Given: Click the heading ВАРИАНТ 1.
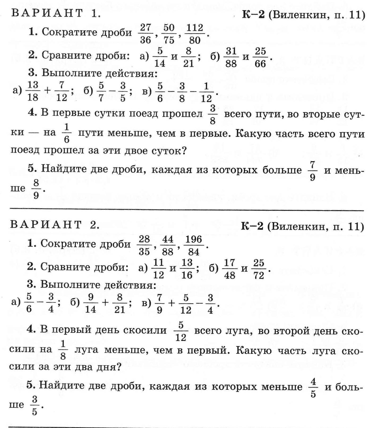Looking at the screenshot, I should pyautogui.click(x=56, y=13).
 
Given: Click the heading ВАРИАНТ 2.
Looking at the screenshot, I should pyautogui.click(x=55, y=225).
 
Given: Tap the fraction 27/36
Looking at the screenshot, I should pyautogui.click(x=145, y=33).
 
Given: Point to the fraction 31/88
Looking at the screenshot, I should pyautogui.click(x=231, y=57).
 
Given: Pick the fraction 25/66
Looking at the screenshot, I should pyautogui.click(x=260, y=57).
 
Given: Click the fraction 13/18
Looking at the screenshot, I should pyautogui.click(x=33, y=91).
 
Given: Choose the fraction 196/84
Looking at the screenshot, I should pyautogui.click(x=194, y=245).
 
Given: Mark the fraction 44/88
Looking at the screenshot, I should pyautogui.click(x=168, y=245).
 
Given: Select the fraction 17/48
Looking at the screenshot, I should pyautogui.click(x=229, y=269).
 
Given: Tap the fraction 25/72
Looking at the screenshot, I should pyautogui.click(x=259, y=269).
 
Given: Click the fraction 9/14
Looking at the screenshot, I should pyautogui.click(x=91, y=303).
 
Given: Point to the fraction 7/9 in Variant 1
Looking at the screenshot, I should pyautogui.click(x=312, y=171).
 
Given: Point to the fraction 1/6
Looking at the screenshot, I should pyautogui.click(x=66, y=133).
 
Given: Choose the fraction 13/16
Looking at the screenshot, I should pyautogui.click(x=187, y=269).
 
